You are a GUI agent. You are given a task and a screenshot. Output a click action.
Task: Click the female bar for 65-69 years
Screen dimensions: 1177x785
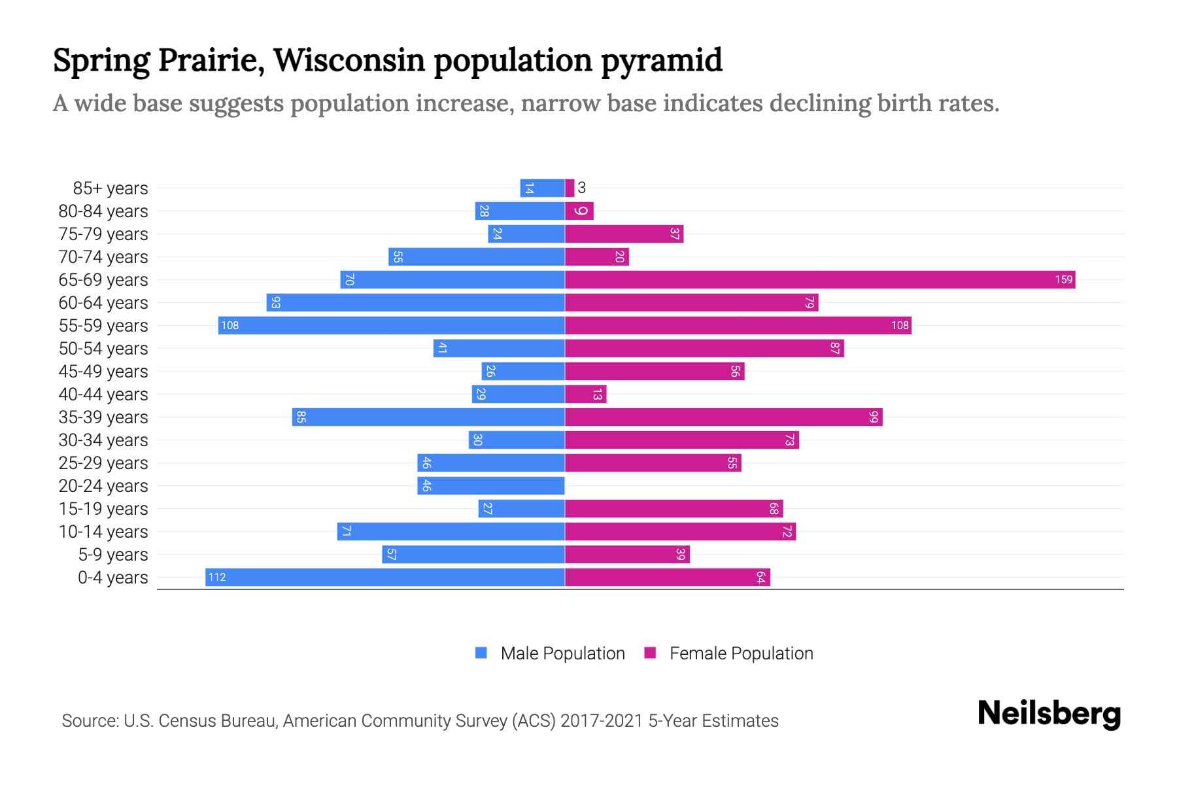(x=820, y=280)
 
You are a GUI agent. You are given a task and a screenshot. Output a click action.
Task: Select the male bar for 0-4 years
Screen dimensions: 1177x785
(x=385, y=578)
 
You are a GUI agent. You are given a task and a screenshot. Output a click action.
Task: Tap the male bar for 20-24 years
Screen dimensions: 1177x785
(x=491, y=486)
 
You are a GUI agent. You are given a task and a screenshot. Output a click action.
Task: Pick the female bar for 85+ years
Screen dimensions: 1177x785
(x=570, y=188)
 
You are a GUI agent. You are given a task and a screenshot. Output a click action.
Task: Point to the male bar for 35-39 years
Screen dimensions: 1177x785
(x=428, y=417)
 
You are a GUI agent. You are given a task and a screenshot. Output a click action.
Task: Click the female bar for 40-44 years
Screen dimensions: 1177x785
(x=586, y=394)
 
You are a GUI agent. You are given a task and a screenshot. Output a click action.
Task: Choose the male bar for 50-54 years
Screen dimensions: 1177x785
(x=499, y=349)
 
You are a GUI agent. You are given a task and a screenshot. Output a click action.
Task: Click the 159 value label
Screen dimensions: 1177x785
(x=1063, y=280)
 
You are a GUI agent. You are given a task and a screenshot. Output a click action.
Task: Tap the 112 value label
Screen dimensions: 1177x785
(x=217, y=578)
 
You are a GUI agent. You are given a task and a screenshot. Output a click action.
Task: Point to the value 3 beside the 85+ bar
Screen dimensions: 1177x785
(x=582, y=188)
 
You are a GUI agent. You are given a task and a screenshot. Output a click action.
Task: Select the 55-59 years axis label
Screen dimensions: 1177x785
(x=103, y=326)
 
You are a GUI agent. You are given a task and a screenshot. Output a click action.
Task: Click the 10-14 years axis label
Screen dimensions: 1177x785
(x=103, y=532)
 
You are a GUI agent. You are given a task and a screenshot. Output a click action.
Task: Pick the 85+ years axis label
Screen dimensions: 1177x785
(x=111, y=188)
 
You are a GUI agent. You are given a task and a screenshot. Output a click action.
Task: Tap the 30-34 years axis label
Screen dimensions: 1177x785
(x=103, y=440)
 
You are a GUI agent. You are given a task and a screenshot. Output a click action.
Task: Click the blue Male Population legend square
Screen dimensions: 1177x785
(x=481, y=653)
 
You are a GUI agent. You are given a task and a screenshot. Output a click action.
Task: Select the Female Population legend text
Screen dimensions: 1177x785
(x=742, y=654)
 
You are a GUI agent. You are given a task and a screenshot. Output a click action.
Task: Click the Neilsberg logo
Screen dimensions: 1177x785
(x=1049, y=714)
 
